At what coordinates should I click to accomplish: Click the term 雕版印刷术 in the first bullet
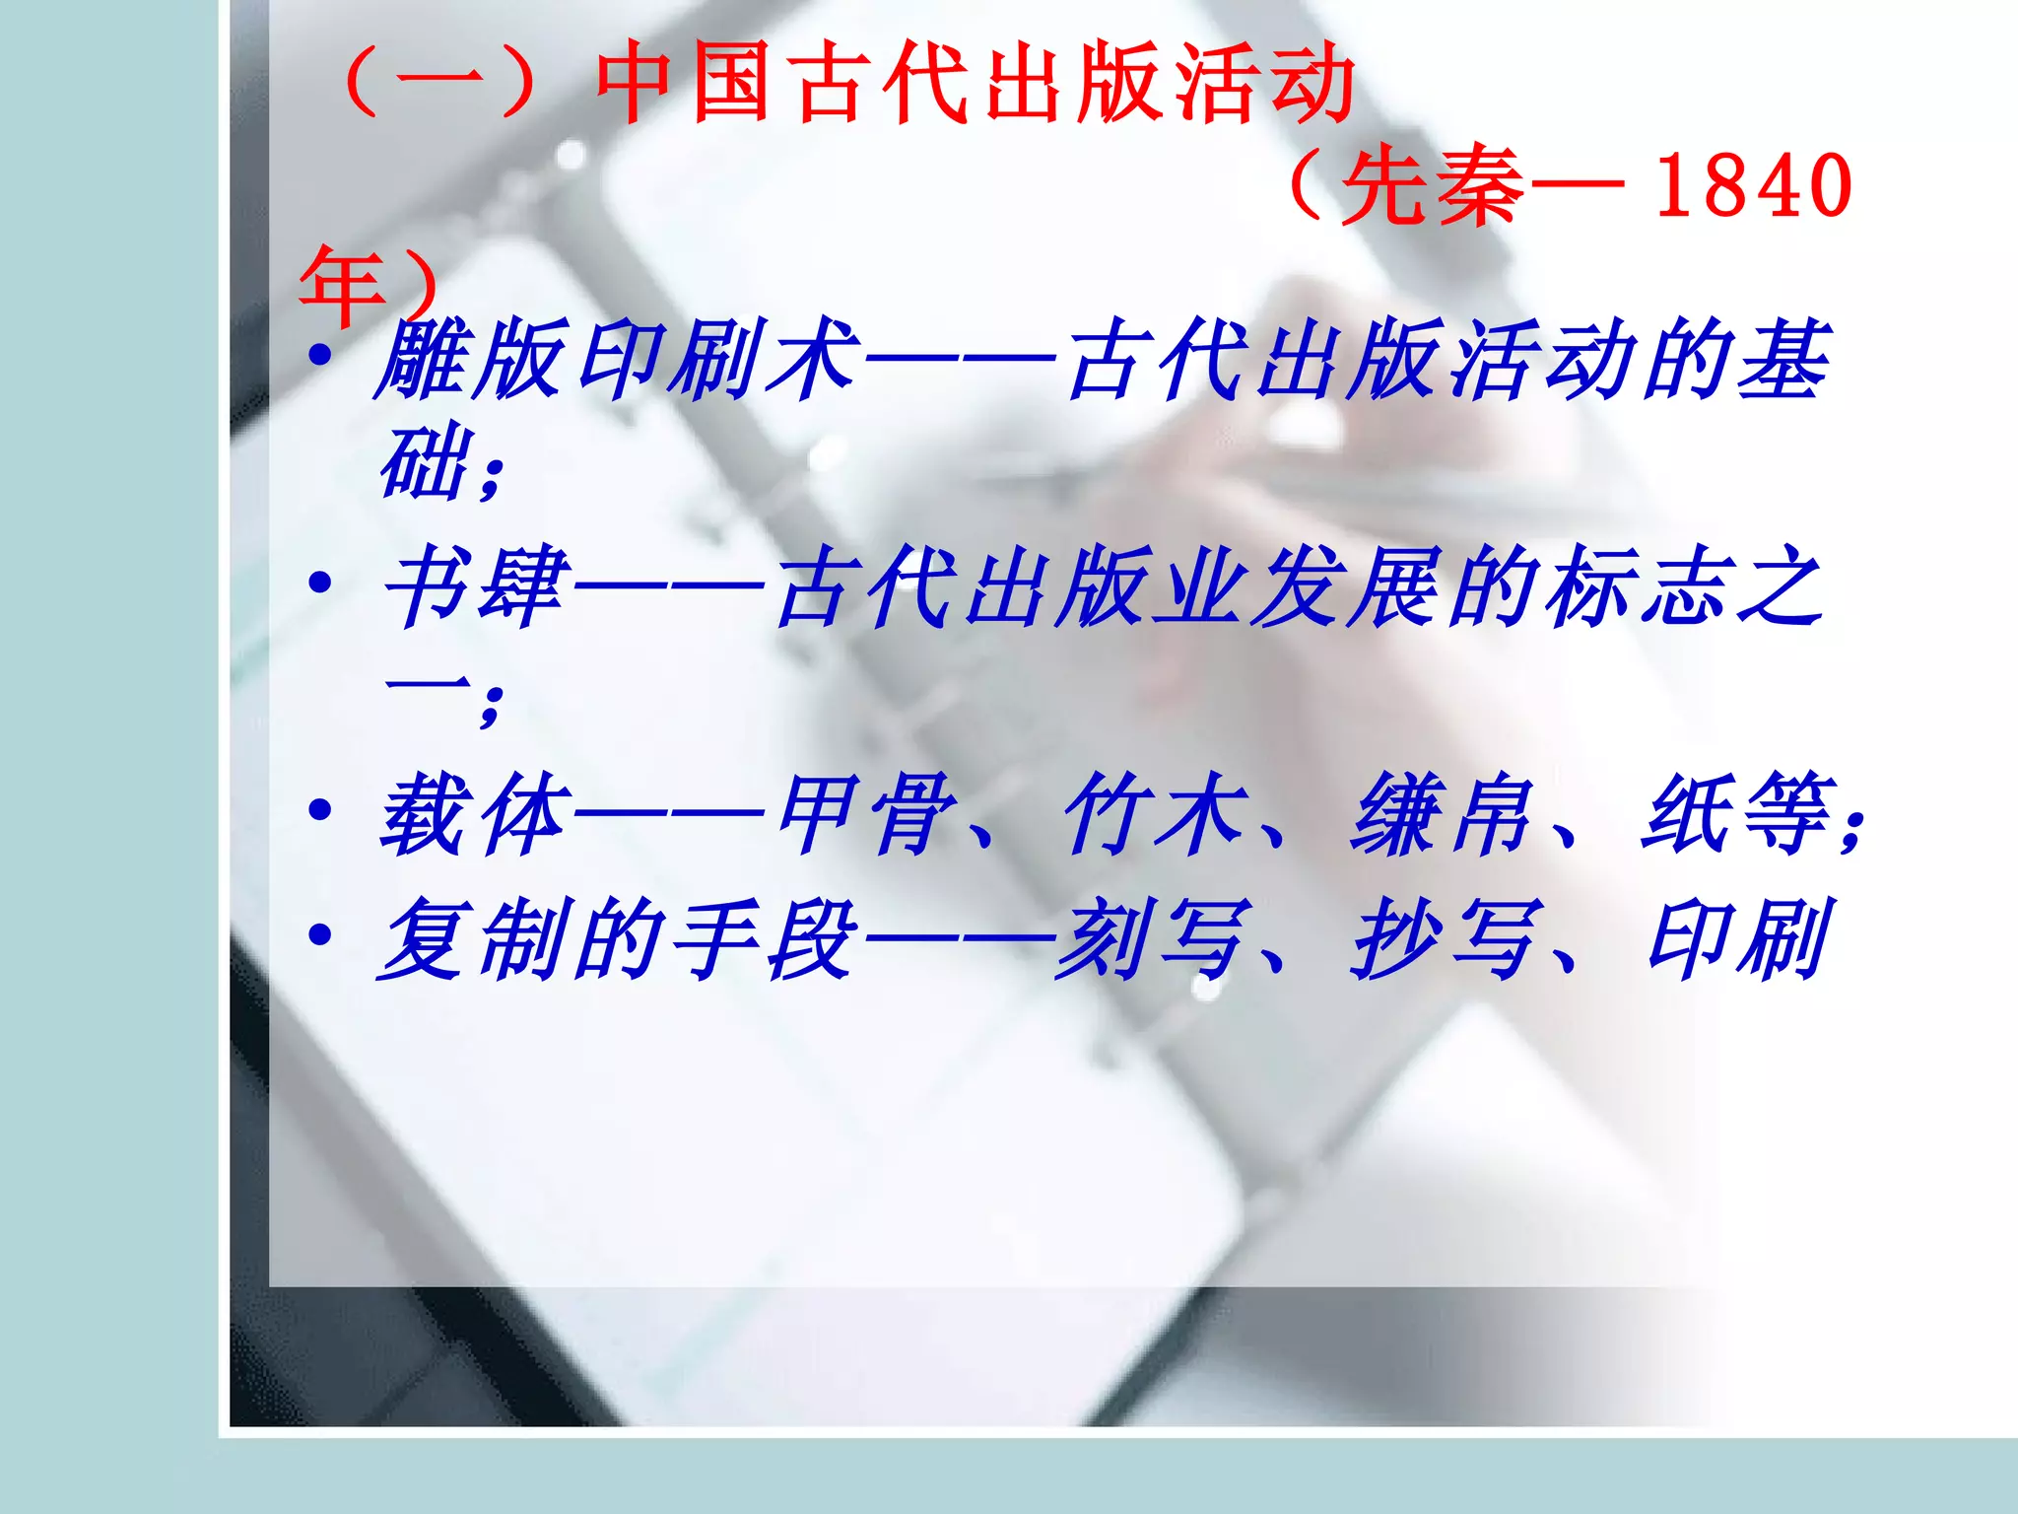616,359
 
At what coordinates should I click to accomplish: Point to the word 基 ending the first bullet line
1783,359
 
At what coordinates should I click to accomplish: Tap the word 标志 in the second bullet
1636,587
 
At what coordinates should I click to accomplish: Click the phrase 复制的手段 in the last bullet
616,938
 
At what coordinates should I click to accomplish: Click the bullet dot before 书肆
319,584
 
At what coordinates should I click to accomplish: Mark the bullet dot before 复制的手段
319,934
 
